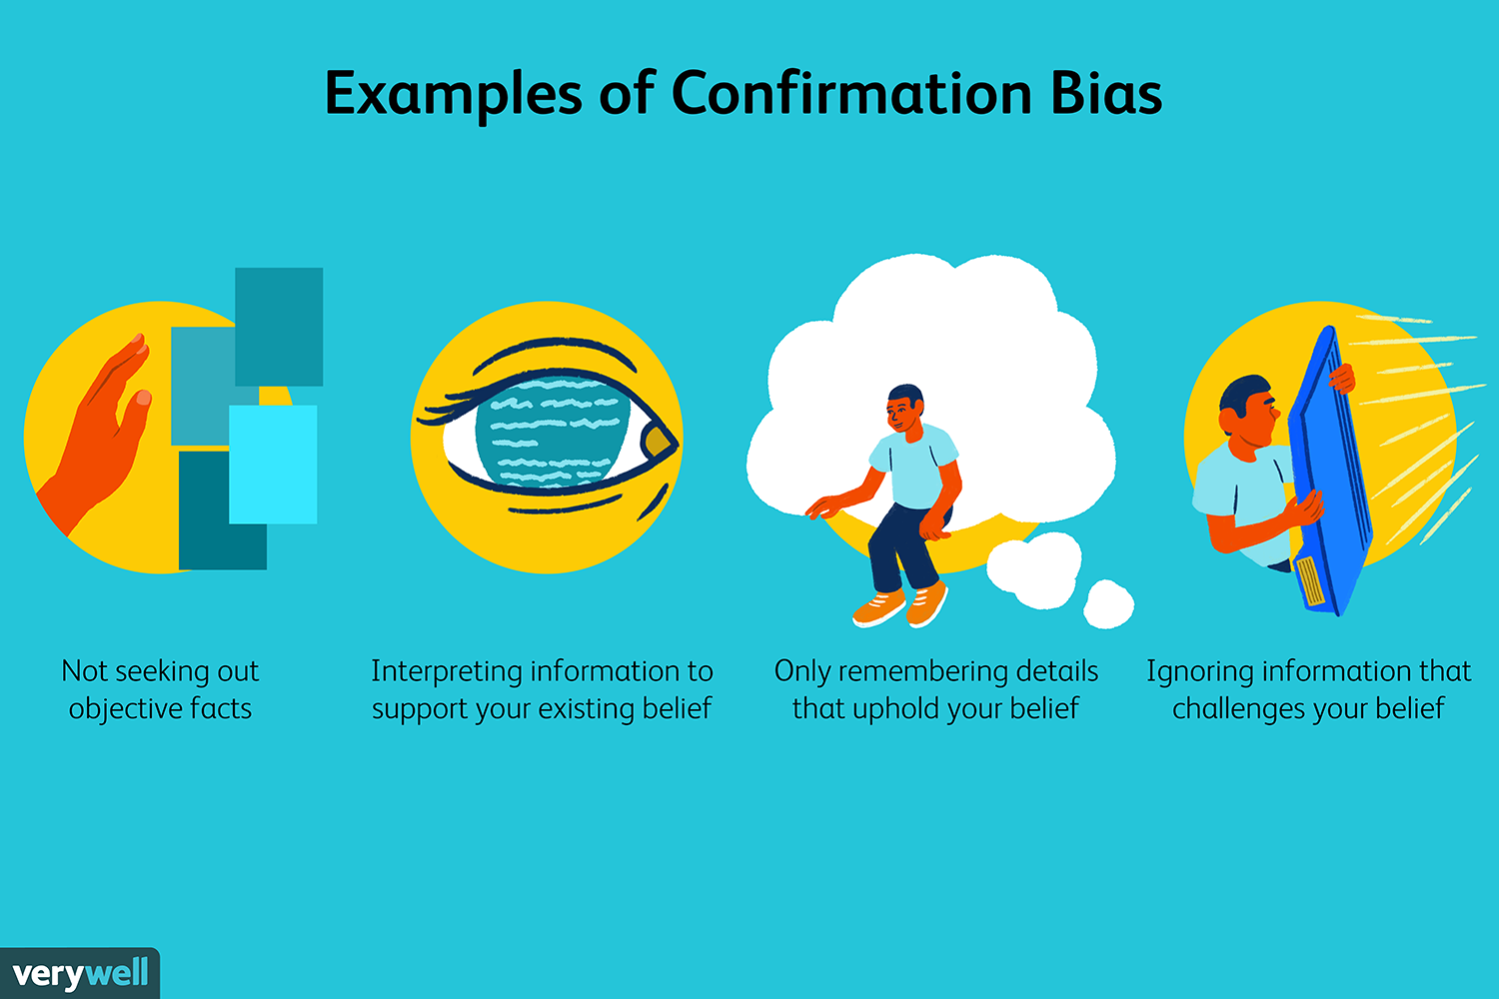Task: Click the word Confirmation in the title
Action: click(x=851, y=94)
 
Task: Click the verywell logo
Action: click(x=80, y=973)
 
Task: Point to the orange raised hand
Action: click(x=100, y=440)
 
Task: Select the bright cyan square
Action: click(x=273, y=464)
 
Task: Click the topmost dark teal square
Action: click(x=279, y=326)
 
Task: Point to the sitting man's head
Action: click(x=905, y=408)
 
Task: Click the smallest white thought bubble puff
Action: click(x=1108, y=603)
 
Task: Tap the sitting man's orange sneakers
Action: click(x=899, y=605)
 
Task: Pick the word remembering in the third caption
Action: click(x=915, y=671)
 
